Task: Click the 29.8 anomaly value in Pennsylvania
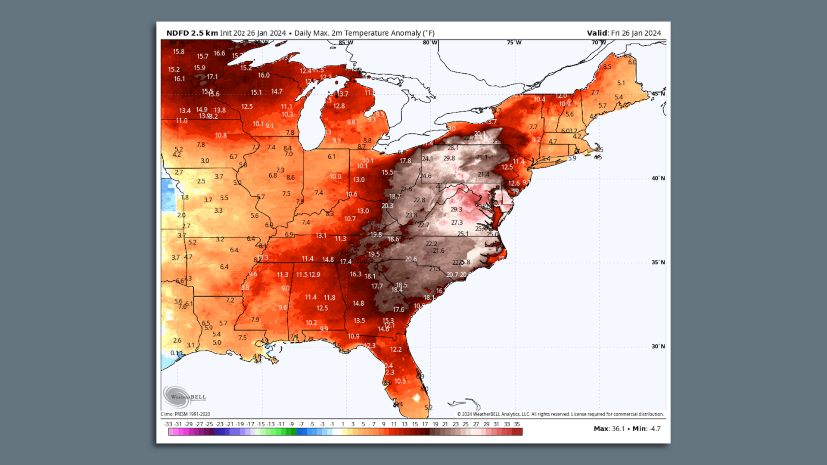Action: pos(449,158)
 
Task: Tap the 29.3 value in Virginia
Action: pos(456,209)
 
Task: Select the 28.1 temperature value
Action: pos(453,148)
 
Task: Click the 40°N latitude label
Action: pos(658,178)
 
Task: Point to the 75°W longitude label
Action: pos(514,43)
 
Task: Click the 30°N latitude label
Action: pos(658,346)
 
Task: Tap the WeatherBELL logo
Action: pos(185,397)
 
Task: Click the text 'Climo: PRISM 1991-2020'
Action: pos(185,414)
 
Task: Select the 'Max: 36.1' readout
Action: pos(609,429)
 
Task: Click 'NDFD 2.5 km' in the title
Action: pos(192,33)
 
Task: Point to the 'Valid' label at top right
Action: pos(597,33)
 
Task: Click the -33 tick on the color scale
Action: pos(168,424)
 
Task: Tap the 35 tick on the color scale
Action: pos(517,424)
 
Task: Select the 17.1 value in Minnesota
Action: pos(212,77)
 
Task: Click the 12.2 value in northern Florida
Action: pos(395,349)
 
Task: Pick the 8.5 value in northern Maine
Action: pos(607,67)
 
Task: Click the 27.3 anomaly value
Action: pos(457,223)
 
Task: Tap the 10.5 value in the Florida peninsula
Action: pos(400,381)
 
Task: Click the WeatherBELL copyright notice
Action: pos(560,414)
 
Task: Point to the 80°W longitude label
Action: pos(429,43)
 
